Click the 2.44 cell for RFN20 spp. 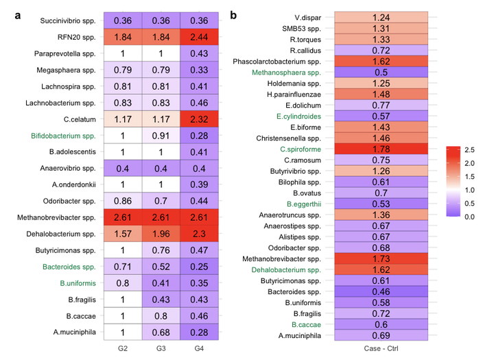click(200, 37)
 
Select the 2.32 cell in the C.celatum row click(200, 119)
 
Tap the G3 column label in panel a click(161, 350)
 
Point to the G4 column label click(200, 350)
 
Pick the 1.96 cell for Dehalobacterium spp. click(161, 235)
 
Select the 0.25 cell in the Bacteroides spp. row click(200, 284)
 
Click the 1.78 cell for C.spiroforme click(381, 149)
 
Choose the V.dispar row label click(307, 17)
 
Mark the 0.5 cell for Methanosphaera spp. click(381, 72)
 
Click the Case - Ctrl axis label click(381, 350)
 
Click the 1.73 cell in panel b click(381, 259)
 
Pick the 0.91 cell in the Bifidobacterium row click(161, 136)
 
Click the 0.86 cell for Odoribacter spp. click(123, 202)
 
